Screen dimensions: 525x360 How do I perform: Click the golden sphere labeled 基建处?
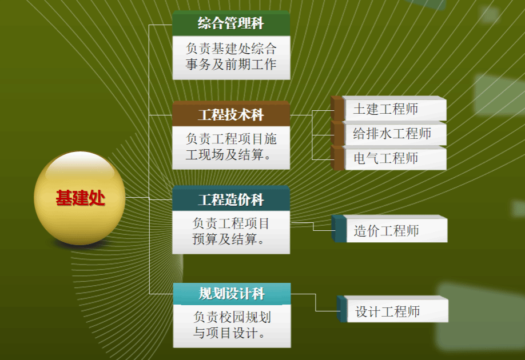(x=79, y=198)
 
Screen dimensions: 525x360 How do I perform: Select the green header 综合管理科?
(x=231, y=23)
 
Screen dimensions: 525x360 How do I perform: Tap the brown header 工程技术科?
(x=231, y=114)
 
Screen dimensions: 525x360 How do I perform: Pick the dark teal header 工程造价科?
(x=231, y=199)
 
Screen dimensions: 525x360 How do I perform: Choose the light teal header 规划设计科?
(x=232, y=294)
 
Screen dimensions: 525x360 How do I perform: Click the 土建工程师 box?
(x=395, y=109)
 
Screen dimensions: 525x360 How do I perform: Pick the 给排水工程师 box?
(x=395, y=133)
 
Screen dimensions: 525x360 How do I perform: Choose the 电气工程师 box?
(x=395, y=158)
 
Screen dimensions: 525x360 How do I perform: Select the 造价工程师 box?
(x=396, y=229)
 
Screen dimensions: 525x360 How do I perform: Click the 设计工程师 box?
(x=397, y=310)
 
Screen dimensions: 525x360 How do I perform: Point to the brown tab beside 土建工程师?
(x=337, y=109)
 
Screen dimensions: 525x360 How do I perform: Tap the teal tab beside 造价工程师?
(x=339, y=229)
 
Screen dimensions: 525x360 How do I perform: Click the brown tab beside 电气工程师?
(x=337, y=158)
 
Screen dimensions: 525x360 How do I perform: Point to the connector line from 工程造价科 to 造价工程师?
(x=313, y=226)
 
